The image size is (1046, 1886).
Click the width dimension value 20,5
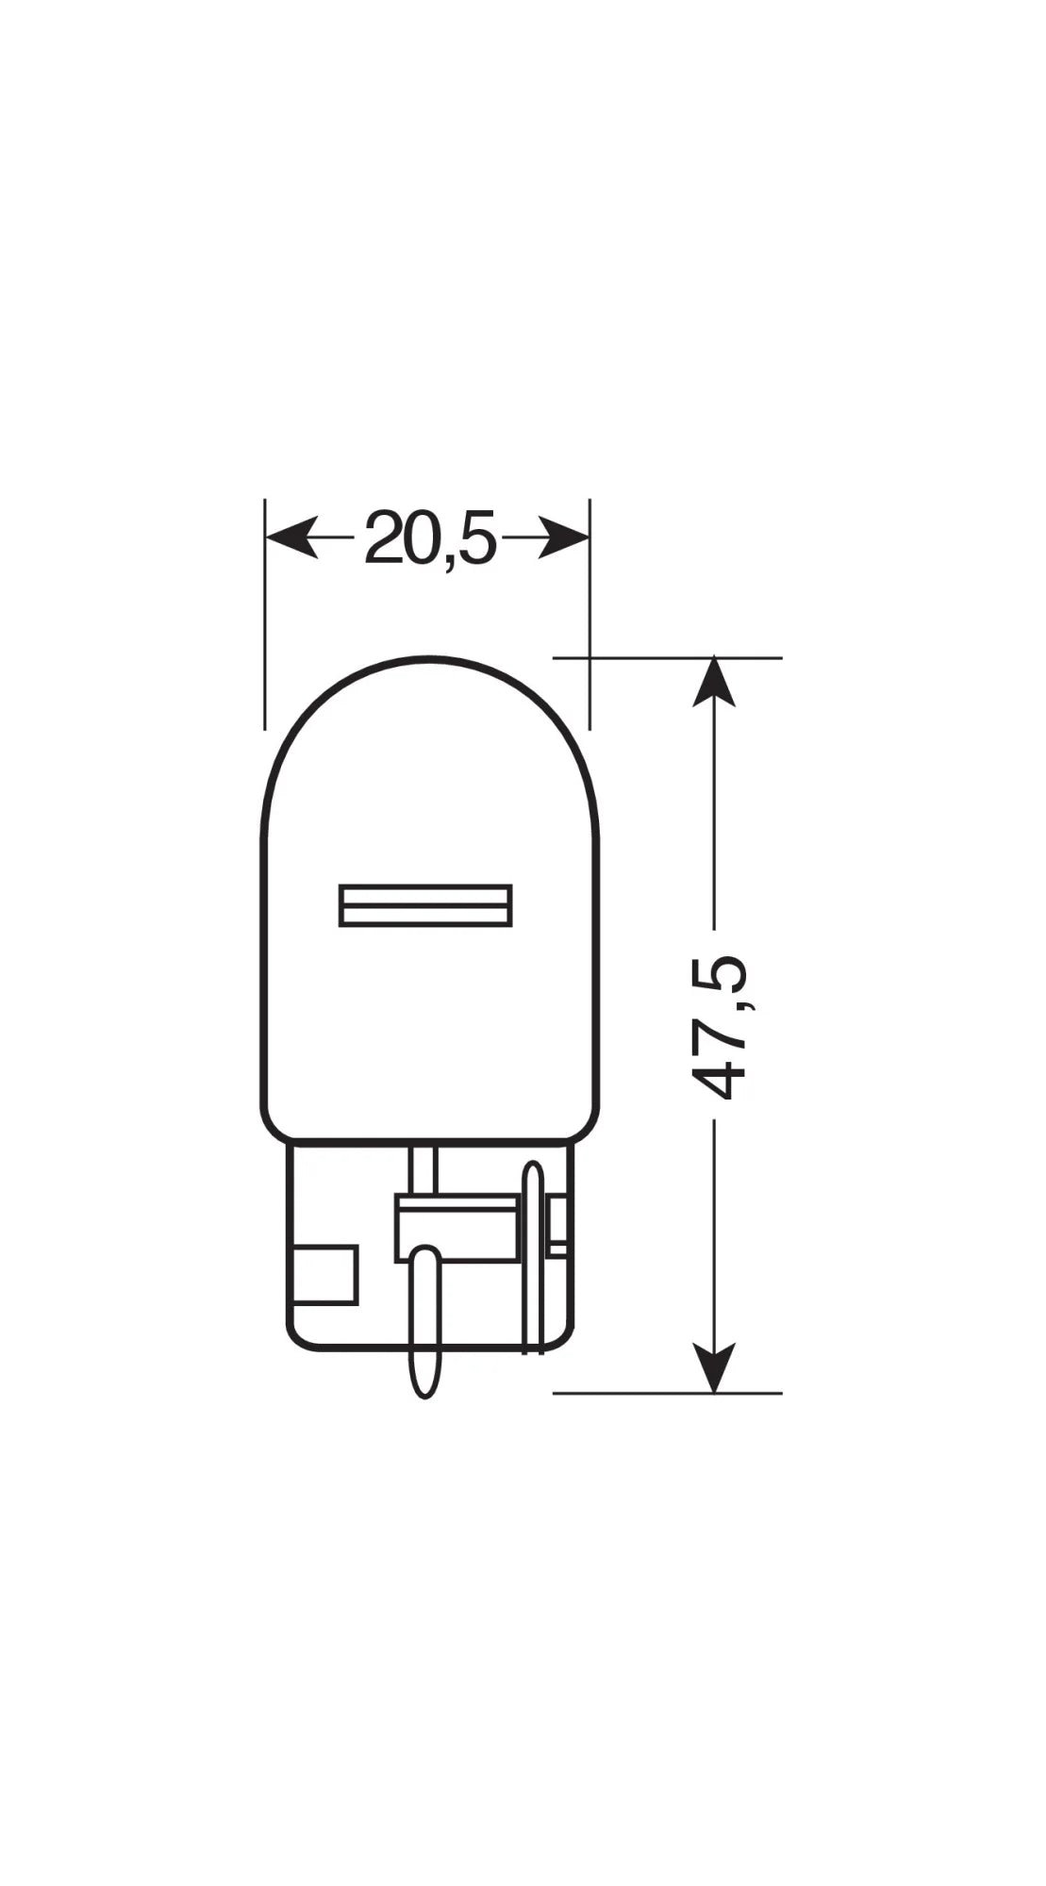[x=429, y=538]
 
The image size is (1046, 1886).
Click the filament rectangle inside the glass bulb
[x=425, y=905]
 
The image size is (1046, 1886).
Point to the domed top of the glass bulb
[x=429, y=665]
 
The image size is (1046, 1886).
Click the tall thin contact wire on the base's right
[x=533, y=1254]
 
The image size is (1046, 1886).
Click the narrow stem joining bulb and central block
[x=423, y=1170]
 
